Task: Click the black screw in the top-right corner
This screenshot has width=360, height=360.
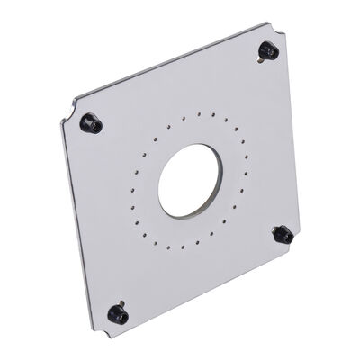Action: (x=267, y=50)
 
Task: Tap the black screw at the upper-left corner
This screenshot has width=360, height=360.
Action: (x=90, y=122)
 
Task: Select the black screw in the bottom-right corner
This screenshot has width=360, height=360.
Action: (x=283, y=235)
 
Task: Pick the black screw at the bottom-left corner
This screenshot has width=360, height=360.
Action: (x=117, y=313)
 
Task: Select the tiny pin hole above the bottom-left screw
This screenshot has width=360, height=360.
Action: (x=121, y=301)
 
